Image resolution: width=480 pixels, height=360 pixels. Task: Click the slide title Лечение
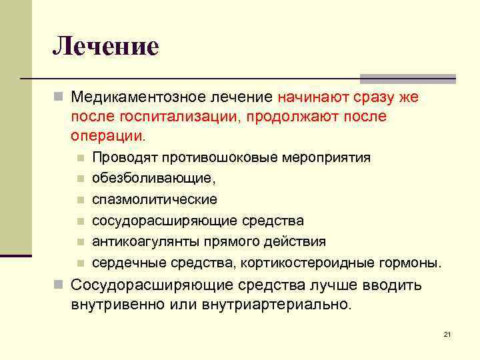pyautogui.click(x=106, y=47)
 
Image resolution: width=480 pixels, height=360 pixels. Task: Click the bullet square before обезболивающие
pyautogui.click(x=79, y=179)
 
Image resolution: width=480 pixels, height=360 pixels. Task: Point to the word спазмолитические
pyautogui.click(x=155, y=199)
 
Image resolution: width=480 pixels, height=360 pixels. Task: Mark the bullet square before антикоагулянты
pyautogui.click(x=79, y=242)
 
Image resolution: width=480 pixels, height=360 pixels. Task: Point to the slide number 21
pyautogui.click(x=447, y=334)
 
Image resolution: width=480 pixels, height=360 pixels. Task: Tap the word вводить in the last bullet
pyautogui.click(x=393, y=286)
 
